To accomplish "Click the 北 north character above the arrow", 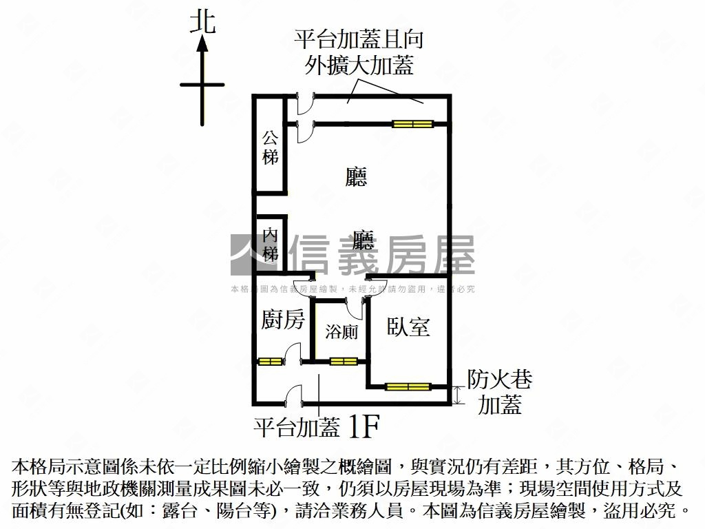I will pyautogui.click(x=202, y=21).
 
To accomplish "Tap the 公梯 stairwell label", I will pyautogui.click(x=270, y=147).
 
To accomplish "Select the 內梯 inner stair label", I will pyautogui.click(x=270, y=245).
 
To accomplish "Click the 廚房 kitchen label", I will pyautogui.click(x=283, y=320).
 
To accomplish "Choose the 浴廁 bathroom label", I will pyautogui.click(x=341, y=332).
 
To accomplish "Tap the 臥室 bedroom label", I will pyautogui.click(x=408, y=326).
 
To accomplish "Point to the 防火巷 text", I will pyautogui.click(x=500, y=380).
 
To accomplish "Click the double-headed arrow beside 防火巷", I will pyautogui.click(x=459, y=395).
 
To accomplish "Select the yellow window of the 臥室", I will pyautogui.click(x=408, y=386).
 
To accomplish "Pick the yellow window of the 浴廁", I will pyautogui.click(x=343, y=361).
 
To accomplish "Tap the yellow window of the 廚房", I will pyautogui.click(x=270, y=361).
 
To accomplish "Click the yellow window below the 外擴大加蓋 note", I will pyautogui.click(x=412, y=124).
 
